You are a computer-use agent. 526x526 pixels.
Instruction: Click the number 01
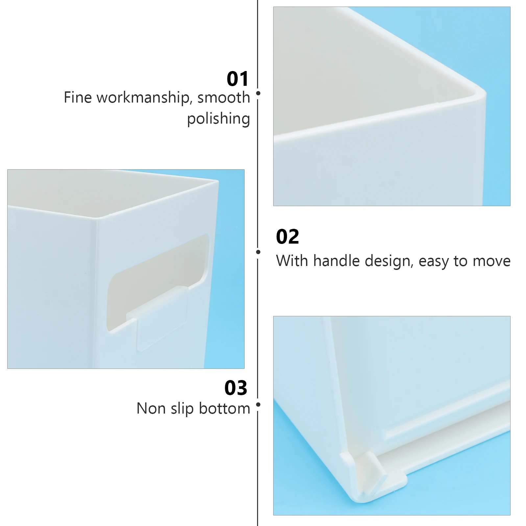[x=238, y=79]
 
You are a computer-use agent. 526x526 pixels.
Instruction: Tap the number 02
[x=288, y=237]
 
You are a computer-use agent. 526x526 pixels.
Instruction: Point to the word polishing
[x=219, y=119]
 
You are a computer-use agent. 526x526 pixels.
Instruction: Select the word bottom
[x=225, y=409]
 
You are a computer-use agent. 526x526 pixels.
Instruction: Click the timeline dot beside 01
[x=258, y=93]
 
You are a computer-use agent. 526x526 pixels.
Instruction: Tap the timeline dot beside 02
[x=258, y=252]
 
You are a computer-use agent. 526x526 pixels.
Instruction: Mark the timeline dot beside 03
[x=258, y=405]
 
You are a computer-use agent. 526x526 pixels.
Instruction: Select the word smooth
[x=224, y=98]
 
